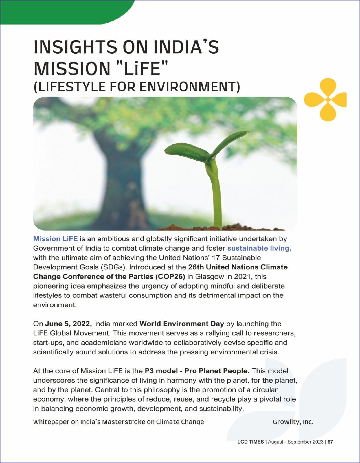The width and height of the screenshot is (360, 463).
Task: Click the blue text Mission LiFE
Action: point(55,239)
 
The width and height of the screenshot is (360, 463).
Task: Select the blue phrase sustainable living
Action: point(259,248)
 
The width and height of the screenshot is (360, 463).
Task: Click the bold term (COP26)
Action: point(170,276)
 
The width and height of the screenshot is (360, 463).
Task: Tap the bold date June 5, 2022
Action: point(69,324)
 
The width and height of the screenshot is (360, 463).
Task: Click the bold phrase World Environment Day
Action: point(182,324)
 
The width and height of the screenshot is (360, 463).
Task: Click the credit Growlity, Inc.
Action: point(293,422)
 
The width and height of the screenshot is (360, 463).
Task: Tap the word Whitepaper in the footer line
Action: point(51,422)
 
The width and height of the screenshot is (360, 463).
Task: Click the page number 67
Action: point(330,442)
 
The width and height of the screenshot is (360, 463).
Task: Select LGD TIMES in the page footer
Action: point(251,442)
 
